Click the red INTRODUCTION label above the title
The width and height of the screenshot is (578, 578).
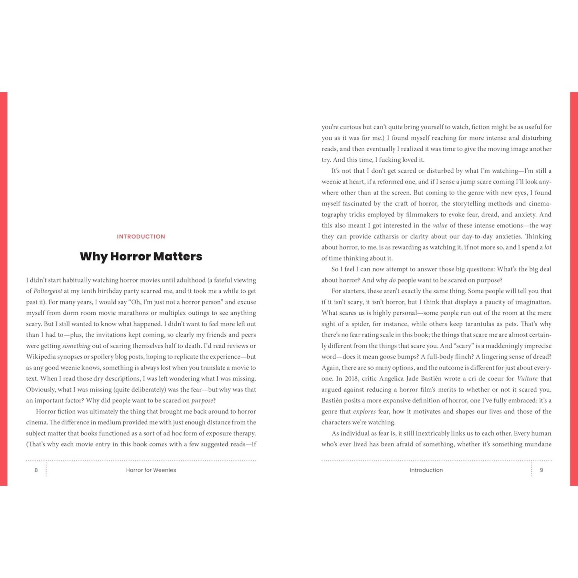coord(141,237)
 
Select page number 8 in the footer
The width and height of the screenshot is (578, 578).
coord(36,470)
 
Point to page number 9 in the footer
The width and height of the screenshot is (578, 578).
coord(541,470)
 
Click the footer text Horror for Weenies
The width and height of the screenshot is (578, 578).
coord(151,470)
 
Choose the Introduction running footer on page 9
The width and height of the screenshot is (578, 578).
coord(426,470)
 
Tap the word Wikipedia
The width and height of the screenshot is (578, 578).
coord(41,357)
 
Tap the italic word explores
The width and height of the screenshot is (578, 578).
coord(364,411)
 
